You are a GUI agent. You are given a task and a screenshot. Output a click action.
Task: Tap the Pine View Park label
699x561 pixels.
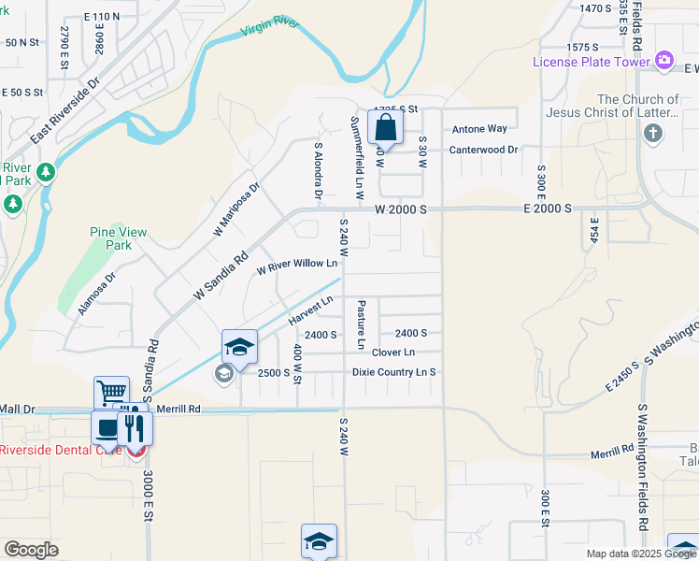[111, 238]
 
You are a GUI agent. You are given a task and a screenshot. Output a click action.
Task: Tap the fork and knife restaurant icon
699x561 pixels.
[135, 429]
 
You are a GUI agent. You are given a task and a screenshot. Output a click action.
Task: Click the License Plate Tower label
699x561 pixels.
[592, 62]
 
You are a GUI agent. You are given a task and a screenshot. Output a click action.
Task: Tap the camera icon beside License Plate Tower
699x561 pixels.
[664, 61]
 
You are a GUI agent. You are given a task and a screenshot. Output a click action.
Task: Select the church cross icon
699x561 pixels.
[653, 134]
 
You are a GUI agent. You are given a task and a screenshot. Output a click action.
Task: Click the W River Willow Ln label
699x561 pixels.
[296, 266]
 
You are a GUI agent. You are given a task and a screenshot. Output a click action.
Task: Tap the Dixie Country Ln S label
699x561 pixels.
[394, 372]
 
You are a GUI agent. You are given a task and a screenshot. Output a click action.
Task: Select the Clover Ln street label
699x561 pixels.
[392, 352]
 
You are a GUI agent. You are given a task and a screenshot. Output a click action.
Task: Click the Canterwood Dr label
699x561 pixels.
[483, 150]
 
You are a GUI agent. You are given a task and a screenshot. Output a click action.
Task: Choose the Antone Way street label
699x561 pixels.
[479, 129]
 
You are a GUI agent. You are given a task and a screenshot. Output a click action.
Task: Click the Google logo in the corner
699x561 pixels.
[31, 549]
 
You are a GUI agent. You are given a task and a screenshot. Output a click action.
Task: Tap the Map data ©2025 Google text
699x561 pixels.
[640, 554]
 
